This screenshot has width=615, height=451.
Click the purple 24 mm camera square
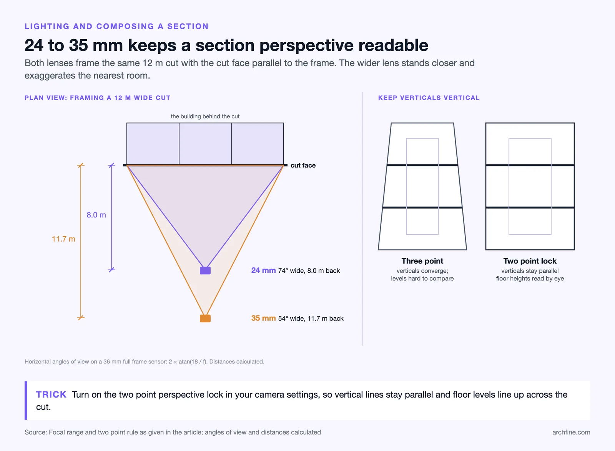(205, 270)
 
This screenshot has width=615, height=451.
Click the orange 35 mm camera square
(205, 318)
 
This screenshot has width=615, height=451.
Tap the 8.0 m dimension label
(96, 215)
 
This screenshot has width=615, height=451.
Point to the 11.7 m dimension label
(63, 239)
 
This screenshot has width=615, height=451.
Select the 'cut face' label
(303, 166)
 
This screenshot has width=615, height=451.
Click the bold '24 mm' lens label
(263, 270)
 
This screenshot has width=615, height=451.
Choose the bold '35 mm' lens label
(263, 318)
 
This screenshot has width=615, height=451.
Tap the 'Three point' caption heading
(422, 261)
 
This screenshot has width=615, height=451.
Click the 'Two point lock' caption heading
(530, 261)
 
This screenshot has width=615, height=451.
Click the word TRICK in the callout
(52, 394)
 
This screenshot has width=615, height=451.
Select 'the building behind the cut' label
(205, 116)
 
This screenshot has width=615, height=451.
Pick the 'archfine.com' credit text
(571, 432)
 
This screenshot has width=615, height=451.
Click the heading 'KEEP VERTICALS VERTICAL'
(429, 98)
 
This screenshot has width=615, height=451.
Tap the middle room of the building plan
(205, 143)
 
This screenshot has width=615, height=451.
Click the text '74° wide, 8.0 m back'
(309, 270)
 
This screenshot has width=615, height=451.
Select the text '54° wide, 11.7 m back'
(311, 318)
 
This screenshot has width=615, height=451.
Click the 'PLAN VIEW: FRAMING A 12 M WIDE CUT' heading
(98, 98)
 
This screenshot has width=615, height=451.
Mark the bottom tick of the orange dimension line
(81, 318)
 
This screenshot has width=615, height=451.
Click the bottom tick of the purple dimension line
(111, 270)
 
